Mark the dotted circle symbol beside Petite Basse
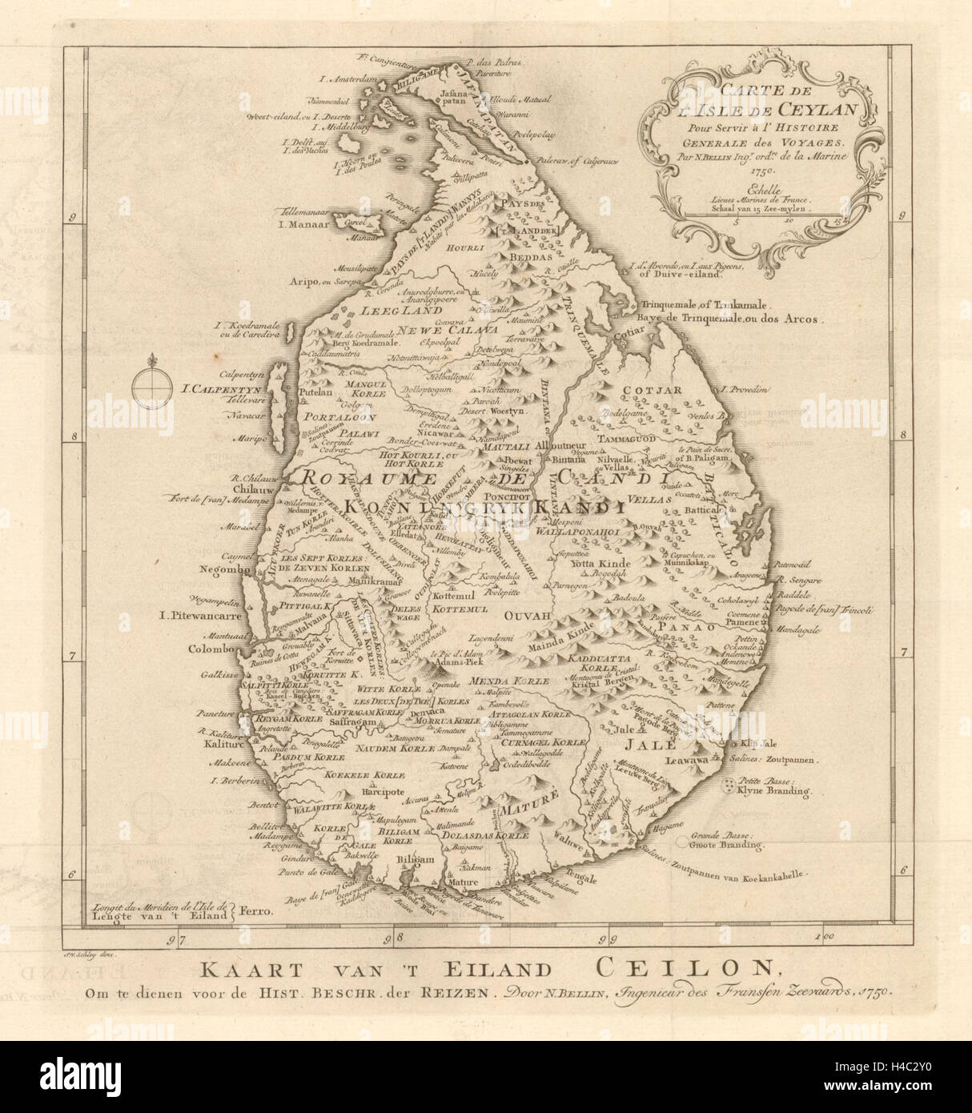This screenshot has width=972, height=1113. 729,784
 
